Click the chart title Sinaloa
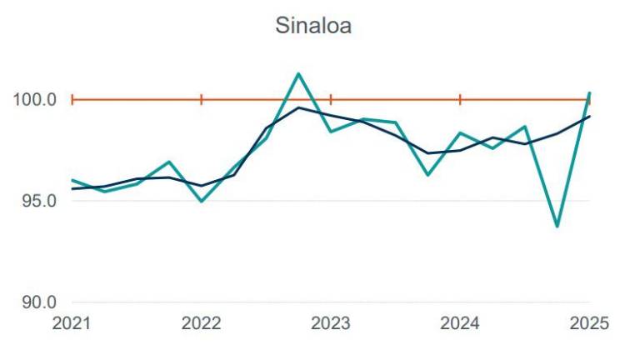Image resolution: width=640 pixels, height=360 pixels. pyautogui.click(x=313, y=26)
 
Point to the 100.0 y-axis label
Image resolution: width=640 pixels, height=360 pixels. pyautogui.click(x=35, y=100)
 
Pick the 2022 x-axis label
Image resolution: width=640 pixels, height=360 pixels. pyautogui.click(x=201, y=323)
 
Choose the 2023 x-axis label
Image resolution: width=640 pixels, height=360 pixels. pyautogui.click(x=331, y=323)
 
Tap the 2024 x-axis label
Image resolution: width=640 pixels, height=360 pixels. pyautogui.click(x=460, y=323)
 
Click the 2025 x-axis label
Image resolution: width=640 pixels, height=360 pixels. pyautogui.click(x=589, y=323)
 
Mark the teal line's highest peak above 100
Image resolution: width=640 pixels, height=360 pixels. pyautogui.click(x=298, y=74)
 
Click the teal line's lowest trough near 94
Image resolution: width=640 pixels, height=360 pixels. pyautogui.click(x=557, y=226)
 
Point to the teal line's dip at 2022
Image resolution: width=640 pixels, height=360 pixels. pyautogui.click(x=202, y=201)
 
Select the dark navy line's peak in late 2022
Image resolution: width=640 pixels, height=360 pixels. pyautogui.click(x=298, y=107)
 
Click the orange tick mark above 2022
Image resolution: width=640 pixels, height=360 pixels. pyautogui.click(x=202, y=100)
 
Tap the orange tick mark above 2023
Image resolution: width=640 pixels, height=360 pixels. pyautogui.click(x=331, y=100)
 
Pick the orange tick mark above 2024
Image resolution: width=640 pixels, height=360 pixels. pyautogui.click(x=460, y=100)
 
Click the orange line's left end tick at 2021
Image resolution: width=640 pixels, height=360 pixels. pyautogui.click(x=72, y=100)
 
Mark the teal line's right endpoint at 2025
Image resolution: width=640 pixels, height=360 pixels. pyautogui.click(x=590, y=92)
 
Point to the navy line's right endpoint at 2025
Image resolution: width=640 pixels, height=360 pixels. pyautogui.click(x=590, y=116)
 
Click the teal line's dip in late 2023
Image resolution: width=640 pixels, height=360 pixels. pyautogui.click(x=427, y=175)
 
